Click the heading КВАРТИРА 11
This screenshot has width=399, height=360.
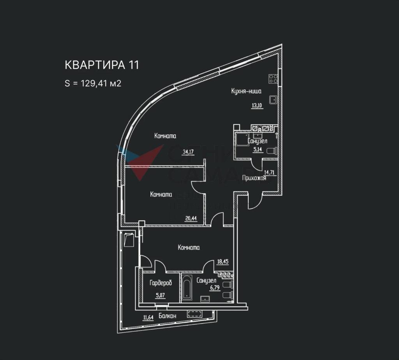(102, 65)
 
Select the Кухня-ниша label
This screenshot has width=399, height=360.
(246, 91)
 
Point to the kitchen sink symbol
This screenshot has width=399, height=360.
(274, 99)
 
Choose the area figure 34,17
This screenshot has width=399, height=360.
(188, 152)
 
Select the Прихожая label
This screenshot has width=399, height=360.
(254, 178)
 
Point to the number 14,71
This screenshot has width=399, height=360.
(270, 172)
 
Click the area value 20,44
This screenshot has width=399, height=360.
(191, 218)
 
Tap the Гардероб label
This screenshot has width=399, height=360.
(161, 283)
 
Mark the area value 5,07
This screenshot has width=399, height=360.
(160, 295)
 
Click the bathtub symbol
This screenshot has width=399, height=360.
(187, 288)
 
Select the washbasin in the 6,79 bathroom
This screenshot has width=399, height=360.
(205, 298)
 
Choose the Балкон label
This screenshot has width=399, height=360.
(168, 316)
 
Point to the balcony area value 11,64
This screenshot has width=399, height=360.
(148, 317)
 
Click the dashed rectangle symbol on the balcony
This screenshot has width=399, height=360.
(194, 314)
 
